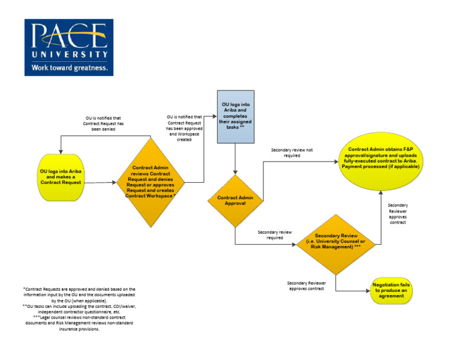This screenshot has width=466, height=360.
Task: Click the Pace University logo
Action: click(69, 47)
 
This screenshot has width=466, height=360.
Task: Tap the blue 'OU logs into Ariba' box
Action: click(235, 116)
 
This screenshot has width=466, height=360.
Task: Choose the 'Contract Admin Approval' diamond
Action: click(235, 200)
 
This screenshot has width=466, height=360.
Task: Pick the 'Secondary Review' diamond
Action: click(336, 243)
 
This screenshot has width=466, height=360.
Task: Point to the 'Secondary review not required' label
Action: click(292, 152)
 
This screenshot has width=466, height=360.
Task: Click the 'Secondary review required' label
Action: click(275, 235)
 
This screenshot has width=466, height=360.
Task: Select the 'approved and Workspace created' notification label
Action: click(184, 127)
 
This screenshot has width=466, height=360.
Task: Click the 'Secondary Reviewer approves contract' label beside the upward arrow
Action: click(397, 214)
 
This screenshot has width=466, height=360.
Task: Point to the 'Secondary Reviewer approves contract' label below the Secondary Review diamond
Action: click(308, 286)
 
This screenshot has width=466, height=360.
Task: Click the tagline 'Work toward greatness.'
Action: click(70, 68)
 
